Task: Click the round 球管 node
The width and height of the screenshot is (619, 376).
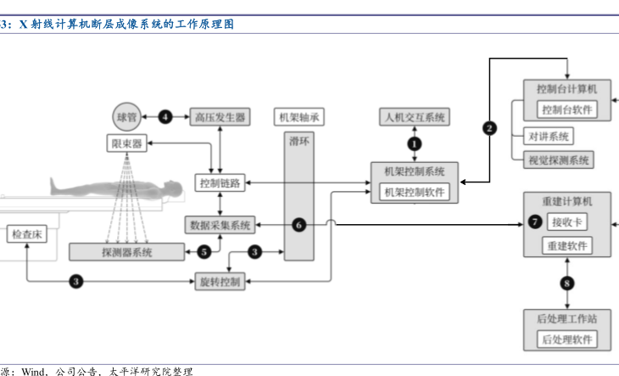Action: pyautogui.click(x=126, y=116)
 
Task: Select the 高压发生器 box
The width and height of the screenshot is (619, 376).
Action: pyautogui.click(x=220, y=116)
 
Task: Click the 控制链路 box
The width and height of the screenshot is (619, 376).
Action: pyautogui.click(x=220, y=182)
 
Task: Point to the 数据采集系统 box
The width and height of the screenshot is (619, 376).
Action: pyautogui.click(x=220, y=225)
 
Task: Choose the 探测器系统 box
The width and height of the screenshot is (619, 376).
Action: pyautogui.click(x=127, y=251)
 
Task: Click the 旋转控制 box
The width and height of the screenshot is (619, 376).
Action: pyautogui.click(x=220, y=280)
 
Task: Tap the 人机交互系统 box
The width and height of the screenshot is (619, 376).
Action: pyautogui.click(x=415, y=117)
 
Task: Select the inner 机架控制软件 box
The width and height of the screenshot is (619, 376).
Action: pyautogui.click(x=415, y=192)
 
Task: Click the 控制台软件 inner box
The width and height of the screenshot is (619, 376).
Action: pyautogui.click(x=567, y=109)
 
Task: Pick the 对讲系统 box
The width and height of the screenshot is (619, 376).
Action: pyautogui.click(x=549, y=136)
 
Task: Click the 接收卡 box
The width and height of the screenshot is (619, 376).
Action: pyautogui.click(x=566, y=222)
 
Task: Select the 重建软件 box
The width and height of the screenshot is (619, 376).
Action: pyautogui.click(x=567, y=246)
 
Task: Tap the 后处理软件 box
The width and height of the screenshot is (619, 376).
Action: pyautogui.click(x=567, y=340)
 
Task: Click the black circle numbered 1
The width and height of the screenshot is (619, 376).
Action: pyautogui.click(x=415, y=143)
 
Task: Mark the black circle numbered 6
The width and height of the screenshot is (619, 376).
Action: pyautogui.click(x=298, y=225)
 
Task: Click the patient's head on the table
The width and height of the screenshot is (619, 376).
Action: pyautogui.click(x=172, y=186)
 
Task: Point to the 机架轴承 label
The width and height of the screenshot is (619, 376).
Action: pyautogui.click(x=298, y=117)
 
